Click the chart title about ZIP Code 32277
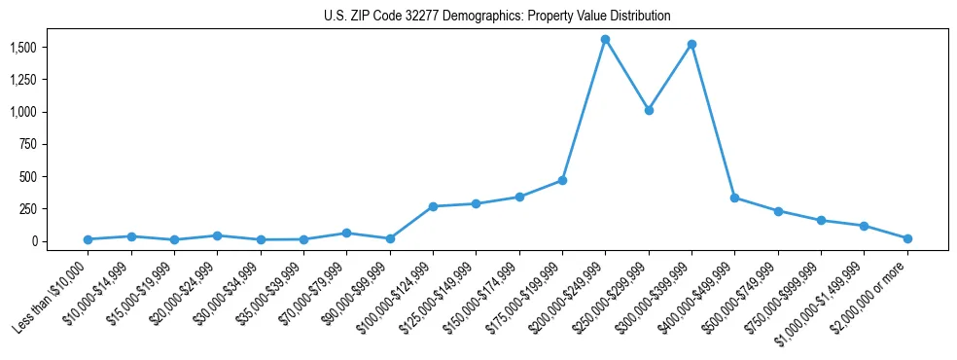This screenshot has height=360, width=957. pyautogui.click(x=497, y=17)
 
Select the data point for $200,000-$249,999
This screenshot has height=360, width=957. pyautogui.click(x=605, y=40)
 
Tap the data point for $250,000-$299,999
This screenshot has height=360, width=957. pyautogui.click(x=649, y=110)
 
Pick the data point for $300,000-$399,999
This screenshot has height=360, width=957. pyautogui.click(x=691, y=45)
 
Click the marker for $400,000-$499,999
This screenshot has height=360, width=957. pyautogui.click(x=734, y=198)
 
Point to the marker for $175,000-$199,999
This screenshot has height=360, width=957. pyautogui.click(x=562, y=180)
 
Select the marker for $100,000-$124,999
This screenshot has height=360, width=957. pyautogui.click(x=433, y=206)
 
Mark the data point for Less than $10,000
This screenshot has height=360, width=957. pyautogui.click(x=88, y=239)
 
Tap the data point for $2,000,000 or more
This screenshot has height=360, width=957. pyautogui.click(x=907, y=238)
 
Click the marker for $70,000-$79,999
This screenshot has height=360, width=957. pyautogui.click(x=346, y=234)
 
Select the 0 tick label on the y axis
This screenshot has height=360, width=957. pyautogui.click(x=34, y=241)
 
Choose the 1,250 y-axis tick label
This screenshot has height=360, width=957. pyautogui.click(x=23, y=80)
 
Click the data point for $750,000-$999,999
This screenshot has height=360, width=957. pyautogui.click(x=821, y=221)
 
